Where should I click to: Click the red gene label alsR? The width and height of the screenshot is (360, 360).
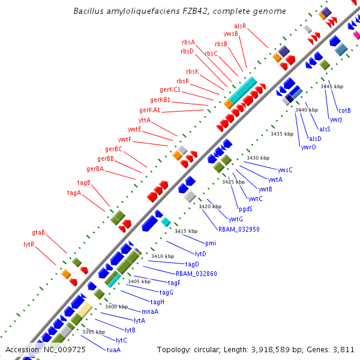click(240, 26)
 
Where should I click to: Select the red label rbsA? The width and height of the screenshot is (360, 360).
click(188, 42)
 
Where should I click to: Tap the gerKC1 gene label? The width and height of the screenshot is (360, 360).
click(171, 90)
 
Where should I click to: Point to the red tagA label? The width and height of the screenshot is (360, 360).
click(74, 193)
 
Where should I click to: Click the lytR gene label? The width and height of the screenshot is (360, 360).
click(29, 244)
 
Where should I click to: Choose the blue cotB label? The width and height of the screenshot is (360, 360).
click(344, 110)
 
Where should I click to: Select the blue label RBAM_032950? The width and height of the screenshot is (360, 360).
click(239, 229)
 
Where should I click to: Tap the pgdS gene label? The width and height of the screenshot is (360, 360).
click(245, 209)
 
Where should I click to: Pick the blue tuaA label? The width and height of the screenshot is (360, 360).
click(113, 349)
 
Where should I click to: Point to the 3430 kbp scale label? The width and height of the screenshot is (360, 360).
click(257, 158)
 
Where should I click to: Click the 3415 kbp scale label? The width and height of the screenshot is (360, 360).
click(186, 231)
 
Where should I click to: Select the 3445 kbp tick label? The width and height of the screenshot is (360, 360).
click(332, 87)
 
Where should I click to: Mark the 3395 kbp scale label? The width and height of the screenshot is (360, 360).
click(94, 332)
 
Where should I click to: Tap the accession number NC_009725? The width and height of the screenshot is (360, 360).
click(64, 349)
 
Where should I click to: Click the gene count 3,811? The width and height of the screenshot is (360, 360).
click(343, 349)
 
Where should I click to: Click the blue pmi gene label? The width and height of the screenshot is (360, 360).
click(210, 243)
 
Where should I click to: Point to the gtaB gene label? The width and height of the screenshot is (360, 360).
click(38, 232)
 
